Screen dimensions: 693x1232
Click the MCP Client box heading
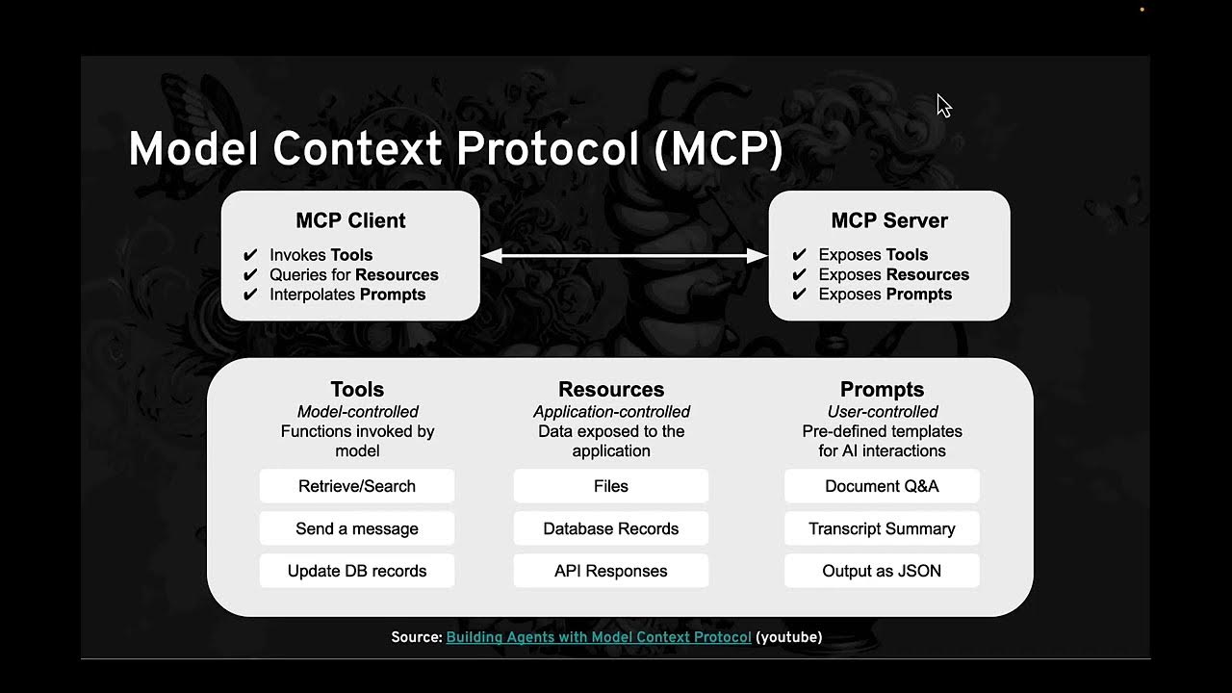click(350, 220)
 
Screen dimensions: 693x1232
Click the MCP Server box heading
click(889, 220)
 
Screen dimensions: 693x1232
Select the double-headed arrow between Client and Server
click(624, 255)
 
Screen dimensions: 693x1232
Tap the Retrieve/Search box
click(356, 486)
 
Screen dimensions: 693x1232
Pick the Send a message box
click(356, 528)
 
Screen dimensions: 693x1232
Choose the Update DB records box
click(356, 571)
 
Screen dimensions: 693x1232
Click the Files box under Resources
click(610, 486)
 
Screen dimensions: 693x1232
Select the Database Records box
click(610, 528)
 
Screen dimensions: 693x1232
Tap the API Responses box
click(610, 571)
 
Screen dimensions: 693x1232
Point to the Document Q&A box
click(882, 486)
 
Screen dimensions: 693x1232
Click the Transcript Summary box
click(882, 528)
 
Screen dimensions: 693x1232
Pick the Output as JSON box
click(882, 571)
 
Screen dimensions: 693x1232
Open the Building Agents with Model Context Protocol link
click(599, 637)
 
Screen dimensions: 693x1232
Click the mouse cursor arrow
click(943, 106)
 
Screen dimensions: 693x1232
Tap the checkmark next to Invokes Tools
click(250, 255)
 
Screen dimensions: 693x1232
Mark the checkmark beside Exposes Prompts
click(799, 295)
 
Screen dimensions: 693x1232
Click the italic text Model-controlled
click(357, 412)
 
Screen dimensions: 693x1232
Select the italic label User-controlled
click(882, 412)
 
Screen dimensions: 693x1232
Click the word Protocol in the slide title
click(548, 150)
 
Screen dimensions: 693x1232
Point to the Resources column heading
click(610, 389)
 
